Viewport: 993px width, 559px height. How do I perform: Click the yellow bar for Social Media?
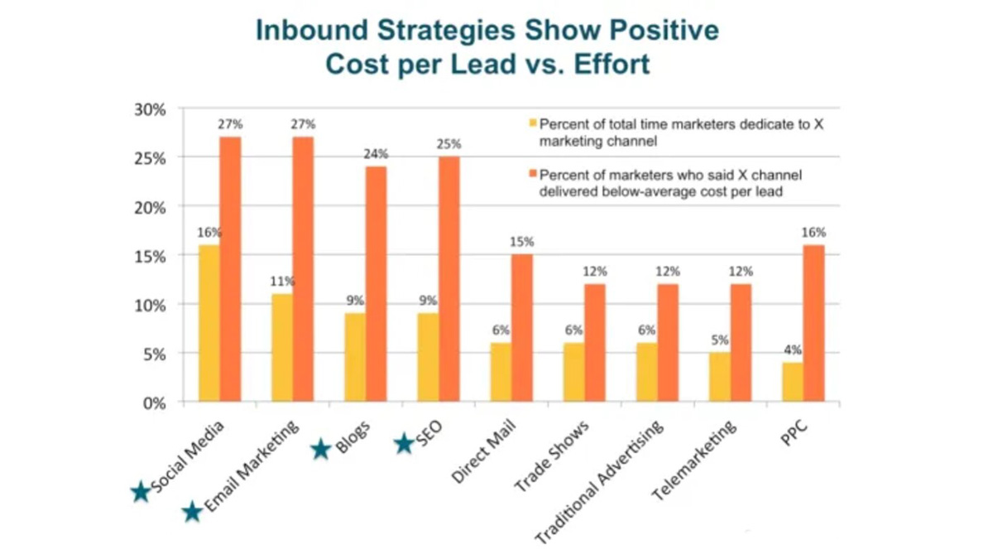pos(209,324)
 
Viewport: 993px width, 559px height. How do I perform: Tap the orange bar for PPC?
pos(813,324)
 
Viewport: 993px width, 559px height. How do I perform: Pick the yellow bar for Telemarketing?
pos(719,378)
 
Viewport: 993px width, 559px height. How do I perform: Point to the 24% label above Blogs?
pos(376,154)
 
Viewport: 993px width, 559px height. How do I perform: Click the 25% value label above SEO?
pos(449,144)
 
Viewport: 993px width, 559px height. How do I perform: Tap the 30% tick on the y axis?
pos(150,109)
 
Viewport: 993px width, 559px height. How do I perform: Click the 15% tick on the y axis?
pos(150,256)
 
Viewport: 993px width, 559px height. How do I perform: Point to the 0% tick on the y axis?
pos(153,403)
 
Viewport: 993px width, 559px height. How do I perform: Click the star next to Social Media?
pos(141,493)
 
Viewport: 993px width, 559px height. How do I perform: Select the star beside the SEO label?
pos(403,445)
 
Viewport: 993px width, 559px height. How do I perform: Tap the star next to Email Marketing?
pos(192,512)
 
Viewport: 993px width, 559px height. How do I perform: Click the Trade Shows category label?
pos(551,456)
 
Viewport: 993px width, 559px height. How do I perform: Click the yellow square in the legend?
pos(532,124)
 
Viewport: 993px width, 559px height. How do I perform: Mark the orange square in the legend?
pos(532,175)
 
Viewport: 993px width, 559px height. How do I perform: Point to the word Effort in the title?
pos(607,65)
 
